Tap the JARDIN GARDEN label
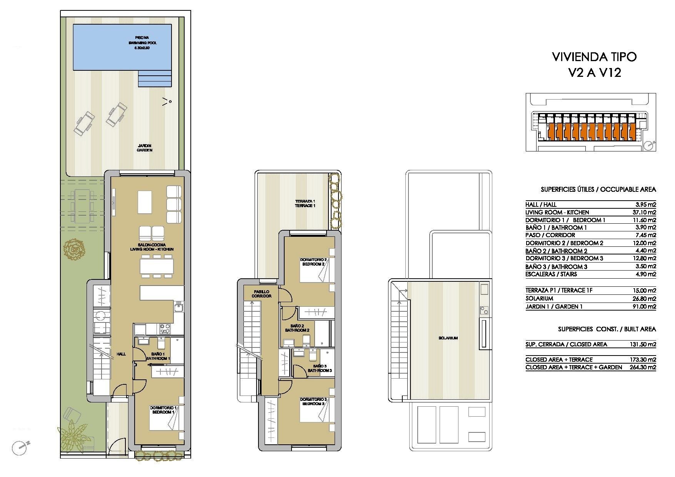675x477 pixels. [145, 148]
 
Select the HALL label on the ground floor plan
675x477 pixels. [121, 354]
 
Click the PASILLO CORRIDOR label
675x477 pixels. [262, 294]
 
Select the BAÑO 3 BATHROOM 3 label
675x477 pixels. [319, 368]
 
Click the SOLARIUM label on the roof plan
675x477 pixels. [448, 338]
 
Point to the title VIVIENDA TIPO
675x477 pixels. [594, 57]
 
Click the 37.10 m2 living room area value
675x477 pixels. [646, 212]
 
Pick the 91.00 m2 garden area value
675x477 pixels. [646, 306]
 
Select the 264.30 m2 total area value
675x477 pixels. [645, 367]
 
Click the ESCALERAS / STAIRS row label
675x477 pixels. [546, 274]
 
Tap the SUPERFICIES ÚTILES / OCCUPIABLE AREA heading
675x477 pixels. [598, 189]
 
